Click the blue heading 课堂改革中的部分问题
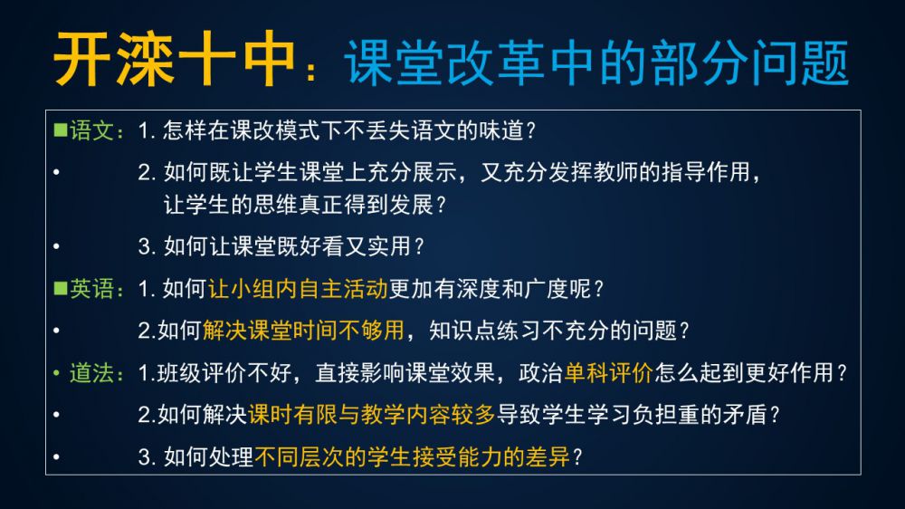pyautogui.click(x=596, y=62)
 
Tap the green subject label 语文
pyautogui.click(x=91, y=130)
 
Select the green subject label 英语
pyautogui.click(x=91, y=288)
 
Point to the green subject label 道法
pyautogui.click(x=91, y=372)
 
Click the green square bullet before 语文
pyautogui.click(x=61, y=130)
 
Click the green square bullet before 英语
pyautogui.click(x=61, y=288)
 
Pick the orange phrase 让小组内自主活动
pyautogui.click(x=298, y=288)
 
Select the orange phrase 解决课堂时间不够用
pyautogui.click(x=303, y=331)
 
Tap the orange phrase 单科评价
pyautogui.click(x=608, y=372)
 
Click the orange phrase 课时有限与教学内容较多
pyautogui.click(x=372, y=415)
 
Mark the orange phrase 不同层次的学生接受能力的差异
pyautogui.click(x=412, y=457)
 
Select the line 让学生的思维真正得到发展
pyautogui.click(x=298, y=204)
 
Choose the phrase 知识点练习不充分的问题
pyautogui.click(x=552, y=331)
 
